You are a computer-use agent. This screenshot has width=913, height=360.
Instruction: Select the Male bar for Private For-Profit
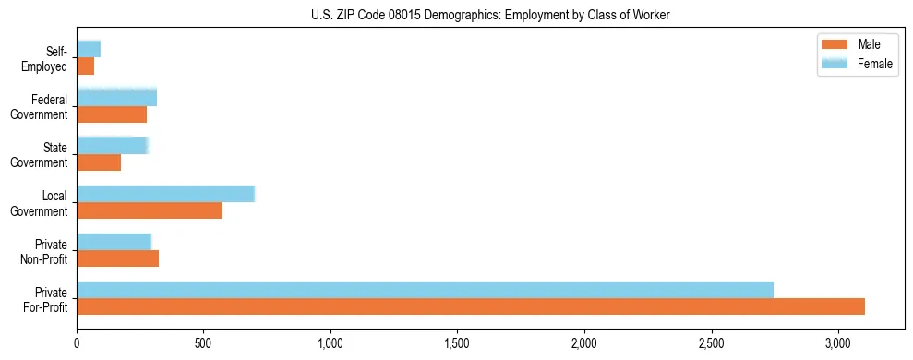coord(471,306)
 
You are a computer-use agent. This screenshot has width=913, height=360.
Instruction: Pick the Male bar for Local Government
coord(150,210)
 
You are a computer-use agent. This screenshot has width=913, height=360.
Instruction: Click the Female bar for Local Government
coord(165,193)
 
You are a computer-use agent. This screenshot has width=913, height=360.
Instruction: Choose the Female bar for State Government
coord(112,145)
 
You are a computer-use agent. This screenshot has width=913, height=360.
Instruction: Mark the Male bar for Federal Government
coord(112,114)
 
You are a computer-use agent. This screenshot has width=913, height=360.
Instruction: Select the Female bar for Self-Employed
coord(89,49)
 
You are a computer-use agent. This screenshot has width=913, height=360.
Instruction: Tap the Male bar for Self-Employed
coord(86,66)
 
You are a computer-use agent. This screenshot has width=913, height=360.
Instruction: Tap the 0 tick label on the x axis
coord(77,343)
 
